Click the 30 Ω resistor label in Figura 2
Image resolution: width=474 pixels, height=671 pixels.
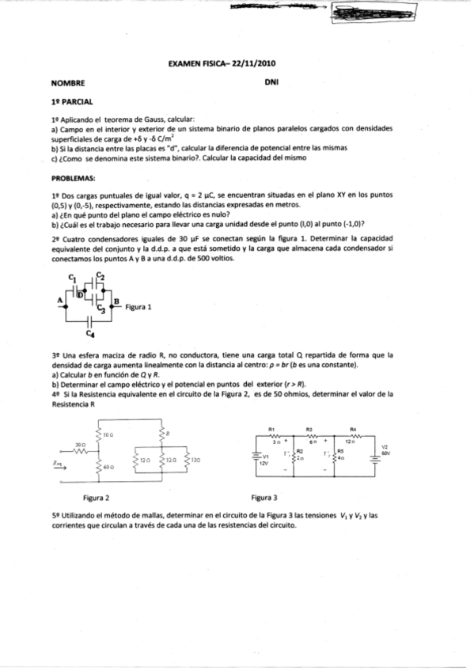(x=80, y=445)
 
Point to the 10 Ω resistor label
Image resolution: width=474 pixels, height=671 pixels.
(x=108, y=434)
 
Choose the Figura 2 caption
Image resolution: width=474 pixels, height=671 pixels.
(x=96, y=499)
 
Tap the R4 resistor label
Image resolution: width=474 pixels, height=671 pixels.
(x=352, y=426)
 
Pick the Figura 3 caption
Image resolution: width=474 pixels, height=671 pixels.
(x=264, y=499)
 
